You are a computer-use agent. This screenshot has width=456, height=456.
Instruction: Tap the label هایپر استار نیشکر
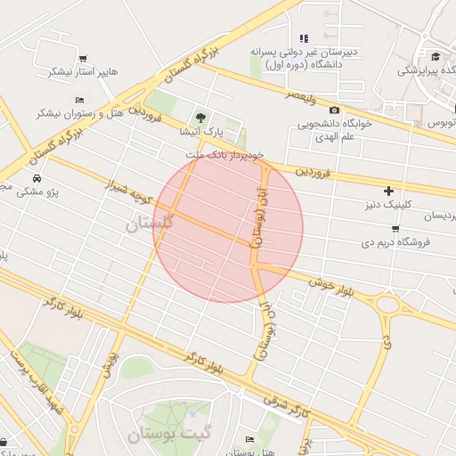82,71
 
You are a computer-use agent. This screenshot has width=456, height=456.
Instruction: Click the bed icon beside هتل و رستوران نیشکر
79,100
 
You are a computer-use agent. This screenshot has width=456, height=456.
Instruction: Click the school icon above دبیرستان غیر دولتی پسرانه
304,38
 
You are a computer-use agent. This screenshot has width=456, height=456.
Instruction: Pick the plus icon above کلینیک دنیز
388,191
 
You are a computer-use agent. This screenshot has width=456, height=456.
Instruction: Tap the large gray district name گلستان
146,225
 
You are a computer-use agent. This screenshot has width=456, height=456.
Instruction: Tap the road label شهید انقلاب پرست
36,382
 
